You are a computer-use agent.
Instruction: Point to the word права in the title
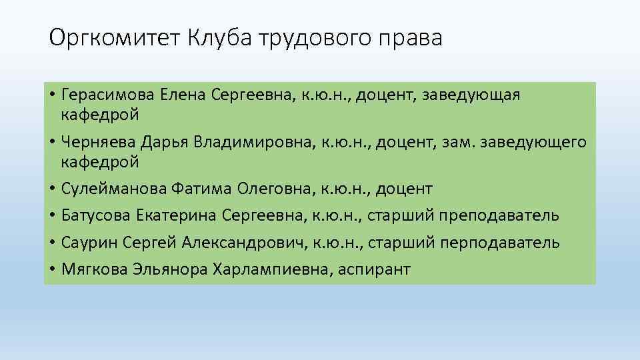[x=413, y=39]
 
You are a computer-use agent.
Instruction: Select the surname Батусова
[x=96, y=216]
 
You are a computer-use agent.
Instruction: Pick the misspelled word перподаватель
[x=499, y=243]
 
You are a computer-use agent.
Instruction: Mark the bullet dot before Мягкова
[x=53, y=269]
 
